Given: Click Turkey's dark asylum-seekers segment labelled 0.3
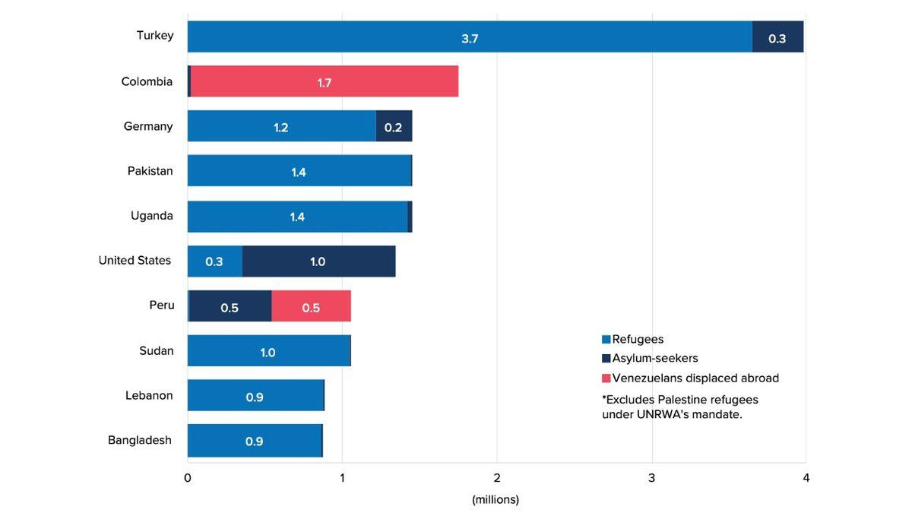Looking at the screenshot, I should coord(777,36).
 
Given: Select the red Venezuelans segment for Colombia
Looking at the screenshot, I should coord(325,81).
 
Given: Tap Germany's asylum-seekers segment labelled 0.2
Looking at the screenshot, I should coord(394,126).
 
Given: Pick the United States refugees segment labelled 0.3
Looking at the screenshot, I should coord(214,261).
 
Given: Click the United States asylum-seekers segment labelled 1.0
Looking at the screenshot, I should coord(318,261).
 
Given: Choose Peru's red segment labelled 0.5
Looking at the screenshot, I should coord(311,306).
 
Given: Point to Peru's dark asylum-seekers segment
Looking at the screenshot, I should coord(230,306).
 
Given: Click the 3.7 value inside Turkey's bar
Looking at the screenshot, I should coord(470,38).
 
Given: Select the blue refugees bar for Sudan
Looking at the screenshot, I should coord(268,351).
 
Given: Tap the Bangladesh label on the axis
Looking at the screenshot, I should coord(140,440).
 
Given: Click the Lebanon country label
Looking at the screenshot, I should coord(149,395).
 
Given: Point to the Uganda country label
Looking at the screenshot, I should coord(152,216).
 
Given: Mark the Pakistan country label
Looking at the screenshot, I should coord(150,171).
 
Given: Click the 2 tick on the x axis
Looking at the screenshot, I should coord(497,478).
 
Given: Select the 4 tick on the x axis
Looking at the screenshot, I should coord(806,478).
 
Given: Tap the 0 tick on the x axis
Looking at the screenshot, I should coord(188,478).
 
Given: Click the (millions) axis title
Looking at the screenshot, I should coord(496,499).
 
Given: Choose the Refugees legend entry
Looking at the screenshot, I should coord(638,340).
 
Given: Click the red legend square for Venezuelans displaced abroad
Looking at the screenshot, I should coord(606,378).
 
